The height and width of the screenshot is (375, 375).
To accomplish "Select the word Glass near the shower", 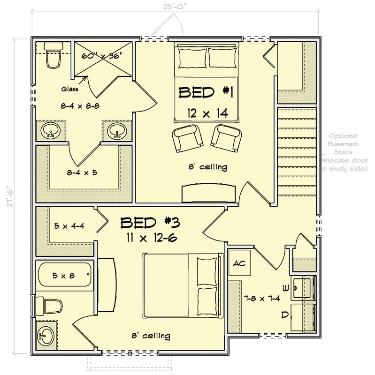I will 69,89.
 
